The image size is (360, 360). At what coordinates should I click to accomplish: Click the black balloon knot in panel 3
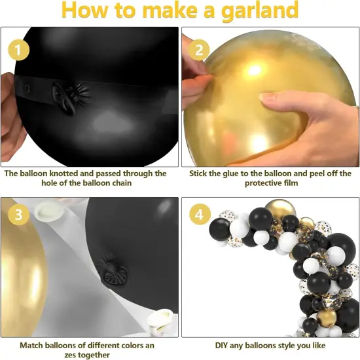point(107,269)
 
